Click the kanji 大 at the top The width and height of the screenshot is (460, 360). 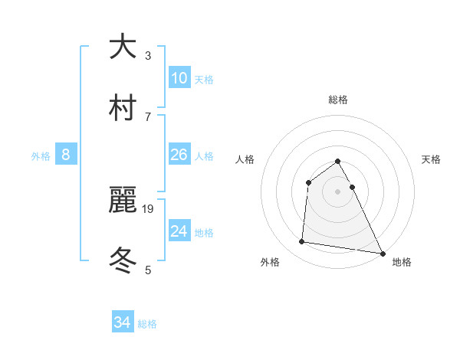click(123, 47)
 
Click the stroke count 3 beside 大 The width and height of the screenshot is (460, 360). click(148, 56)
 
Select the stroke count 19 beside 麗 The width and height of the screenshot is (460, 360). click(149, 208)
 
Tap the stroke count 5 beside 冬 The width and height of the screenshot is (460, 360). click(148, 270)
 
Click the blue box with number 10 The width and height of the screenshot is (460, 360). click(179, 77)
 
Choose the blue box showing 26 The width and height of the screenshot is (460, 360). click(179, 155)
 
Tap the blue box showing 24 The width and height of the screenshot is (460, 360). click(179, 231)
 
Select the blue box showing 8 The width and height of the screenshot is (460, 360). click(66, 155)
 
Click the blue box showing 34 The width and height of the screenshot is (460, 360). click(123, 322)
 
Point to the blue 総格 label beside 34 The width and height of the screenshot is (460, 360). click(147, 324)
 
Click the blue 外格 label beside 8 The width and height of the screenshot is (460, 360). click(41, 156)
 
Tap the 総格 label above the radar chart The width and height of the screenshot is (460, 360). click(338, 100)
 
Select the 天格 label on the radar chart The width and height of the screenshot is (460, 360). click(432, 159)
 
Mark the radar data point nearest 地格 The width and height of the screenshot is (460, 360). click(383, 252)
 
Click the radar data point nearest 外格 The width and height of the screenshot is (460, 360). click(302, 242)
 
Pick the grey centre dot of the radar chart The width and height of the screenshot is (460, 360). click(338, 191)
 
